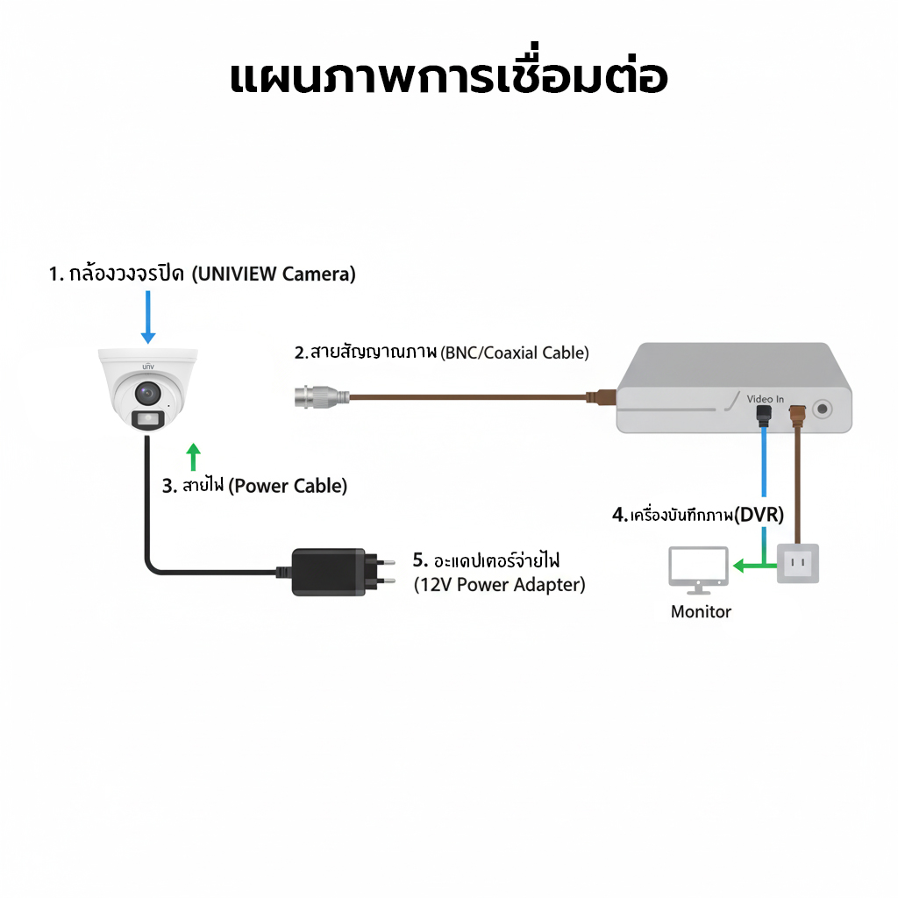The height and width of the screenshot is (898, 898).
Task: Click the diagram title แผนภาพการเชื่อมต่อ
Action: click(x=448, y=77)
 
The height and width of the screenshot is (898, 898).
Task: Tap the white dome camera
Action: click(x=148, y=389)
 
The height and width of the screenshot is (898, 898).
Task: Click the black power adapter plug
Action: click(x=328, y=572)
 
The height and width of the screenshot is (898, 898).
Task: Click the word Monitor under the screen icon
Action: click(x=701, y=611)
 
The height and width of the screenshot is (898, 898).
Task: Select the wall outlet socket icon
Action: click(x=798, y=563)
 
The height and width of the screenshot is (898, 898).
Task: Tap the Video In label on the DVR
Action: click(x=766, y=399)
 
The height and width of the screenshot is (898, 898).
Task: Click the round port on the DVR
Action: click(x=823, y=409)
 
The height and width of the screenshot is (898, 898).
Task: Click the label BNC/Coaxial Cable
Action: click(x=515, y=353)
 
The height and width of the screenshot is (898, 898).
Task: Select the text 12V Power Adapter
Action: click(x=499, y=584)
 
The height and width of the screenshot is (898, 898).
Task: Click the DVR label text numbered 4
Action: click(x=698, y=514)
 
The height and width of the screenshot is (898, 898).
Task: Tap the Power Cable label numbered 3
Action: click(x=255, y=485)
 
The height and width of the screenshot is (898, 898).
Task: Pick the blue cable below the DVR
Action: click(x=766, y=465)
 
